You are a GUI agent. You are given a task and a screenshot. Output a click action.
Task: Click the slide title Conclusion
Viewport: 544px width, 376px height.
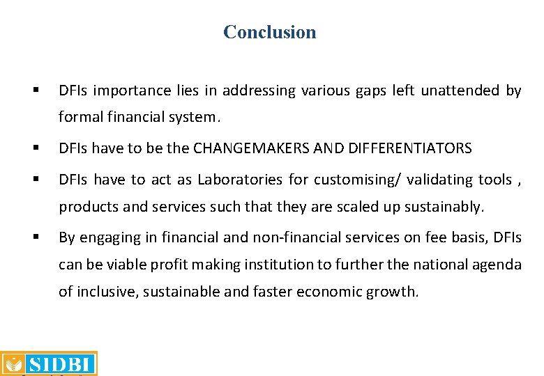(269, 32)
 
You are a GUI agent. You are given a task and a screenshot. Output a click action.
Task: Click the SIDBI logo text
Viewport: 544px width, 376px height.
(59, 364)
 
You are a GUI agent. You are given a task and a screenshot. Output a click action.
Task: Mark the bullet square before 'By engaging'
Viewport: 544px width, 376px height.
(34, 237)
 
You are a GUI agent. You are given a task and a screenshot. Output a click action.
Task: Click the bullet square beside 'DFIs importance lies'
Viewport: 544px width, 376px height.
(34, 91)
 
